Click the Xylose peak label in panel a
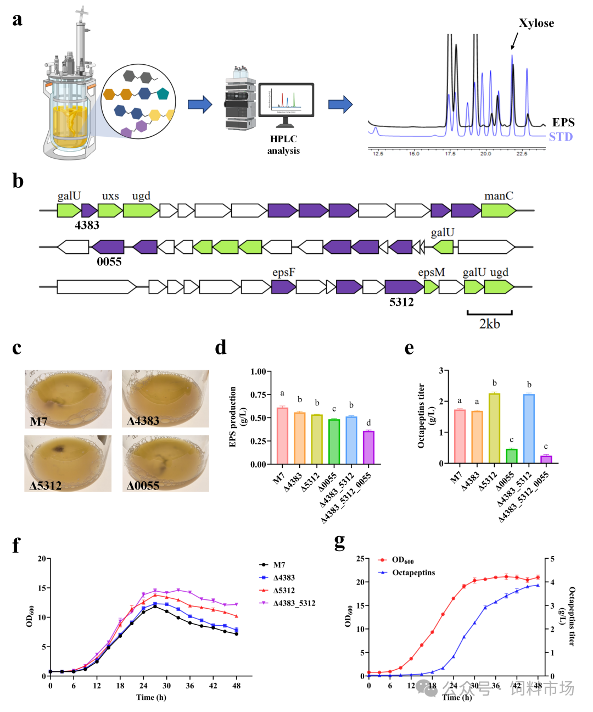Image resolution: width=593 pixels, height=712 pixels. [x=536, y=23]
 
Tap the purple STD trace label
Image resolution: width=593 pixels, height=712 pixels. [x=561, y=137]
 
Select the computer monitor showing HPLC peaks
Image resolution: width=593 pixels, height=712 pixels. [x=286, y=100]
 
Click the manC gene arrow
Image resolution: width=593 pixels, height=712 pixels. [x=499, y=210]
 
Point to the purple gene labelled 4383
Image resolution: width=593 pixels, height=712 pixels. [x=89, y=210]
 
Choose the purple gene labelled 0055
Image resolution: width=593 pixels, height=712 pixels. [x=109, y=247]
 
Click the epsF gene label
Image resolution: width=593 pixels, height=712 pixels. [x=284, y=272]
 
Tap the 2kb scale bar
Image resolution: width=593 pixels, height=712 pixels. [x=489, y=313]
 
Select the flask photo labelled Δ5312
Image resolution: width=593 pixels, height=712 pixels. [x=68, y=463]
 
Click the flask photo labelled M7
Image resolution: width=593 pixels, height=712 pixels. [x=68, y=399]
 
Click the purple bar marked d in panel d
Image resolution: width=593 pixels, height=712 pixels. [x=368, y=447]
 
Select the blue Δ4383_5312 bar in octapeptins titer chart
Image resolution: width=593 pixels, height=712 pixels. [x=529, y=429]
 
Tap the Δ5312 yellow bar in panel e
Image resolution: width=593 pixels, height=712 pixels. [x=494, y=428]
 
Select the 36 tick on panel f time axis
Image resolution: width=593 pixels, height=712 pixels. [x=190, y=686]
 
